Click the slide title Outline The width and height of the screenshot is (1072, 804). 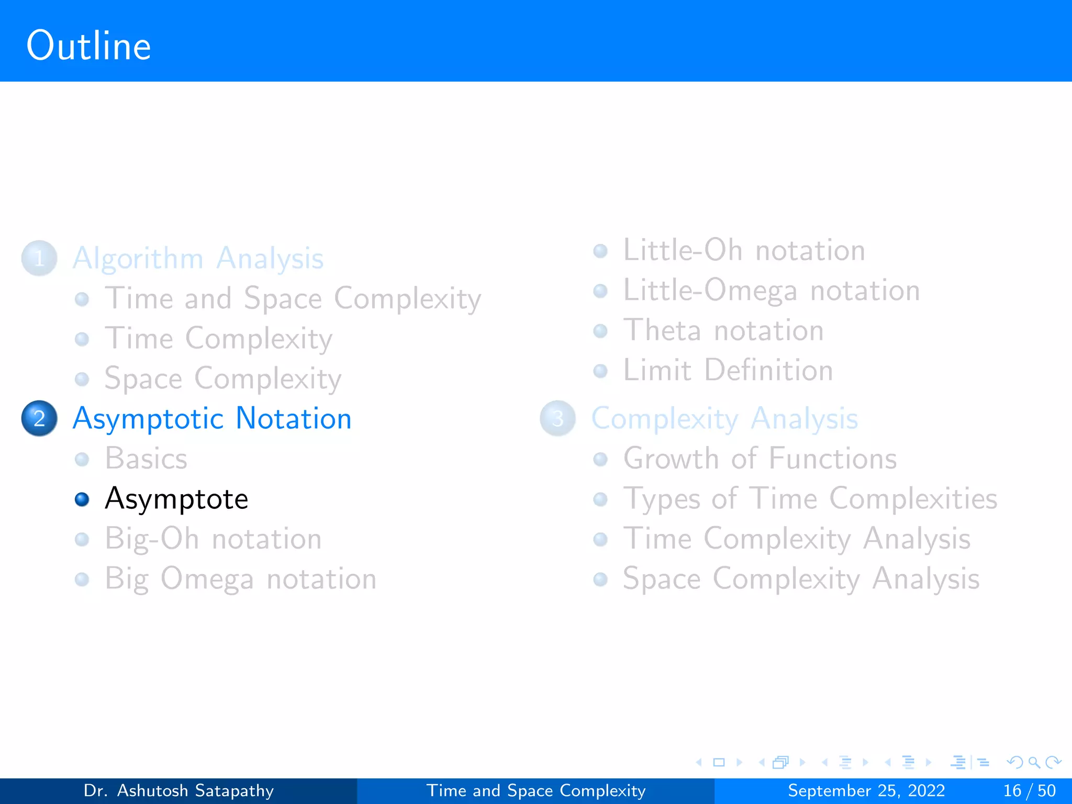point(88,46)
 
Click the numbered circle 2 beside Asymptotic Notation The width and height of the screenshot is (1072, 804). point(39,418)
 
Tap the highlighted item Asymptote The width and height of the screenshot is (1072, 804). point(176,499)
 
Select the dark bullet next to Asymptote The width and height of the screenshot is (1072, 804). point(82,499)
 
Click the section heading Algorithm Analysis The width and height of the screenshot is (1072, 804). point(198,258)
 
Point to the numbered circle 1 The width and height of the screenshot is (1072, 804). point(39,258)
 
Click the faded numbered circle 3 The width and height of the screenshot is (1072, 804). point(557,418)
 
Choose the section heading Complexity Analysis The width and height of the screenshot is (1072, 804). point(724,419)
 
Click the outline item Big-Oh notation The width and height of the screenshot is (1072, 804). point(213,539)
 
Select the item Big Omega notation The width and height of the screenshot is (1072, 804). point(240,579)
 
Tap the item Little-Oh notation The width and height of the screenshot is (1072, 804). point(743,250)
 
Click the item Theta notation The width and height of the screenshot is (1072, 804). point(723,330)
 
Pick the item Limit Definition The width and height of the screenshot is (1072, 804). point(728,371)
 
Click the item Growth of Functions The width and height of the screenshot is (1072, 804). point(760,459)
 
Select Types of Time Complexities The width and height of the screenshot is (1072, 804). point(810,499)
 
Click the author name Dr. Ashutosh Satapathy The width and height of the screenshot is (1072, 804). point(178,790)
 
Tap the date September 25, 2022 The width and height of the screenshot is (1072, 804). point(866,790)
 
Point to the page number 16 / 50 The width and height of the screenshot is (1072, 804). point(1029,790)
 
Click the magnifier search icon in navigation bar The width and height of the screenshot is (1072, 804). point(1033,762)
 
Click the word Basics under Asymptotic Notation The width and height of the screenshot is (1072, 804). point(146,459)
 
